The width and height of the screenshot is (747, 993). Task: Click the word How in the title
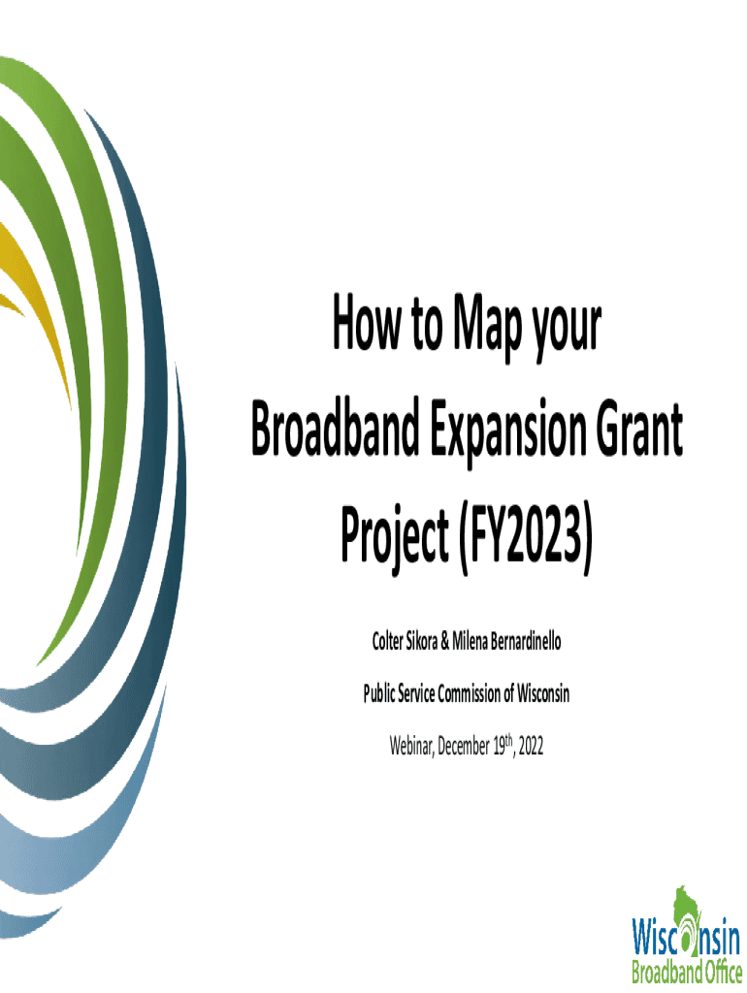[x=366, y=322]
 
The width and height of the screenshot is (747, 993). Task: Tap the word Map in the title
[x=487, y=327]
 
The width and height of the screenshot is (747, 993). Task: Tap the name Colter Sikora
[x=405, y=642]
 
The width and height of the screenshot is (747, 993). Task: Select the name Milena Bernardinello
[x=506, y=642]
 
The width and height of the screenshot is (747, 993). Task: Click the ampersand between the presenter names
[x=444, y=642]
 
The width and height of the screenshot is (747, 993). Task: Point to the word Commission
[x=469, y=694]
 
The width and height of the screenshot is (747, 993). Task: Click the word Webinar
[x=412, y=747]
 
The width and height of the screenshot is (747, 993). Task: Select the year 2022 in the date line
[x=531, y=747]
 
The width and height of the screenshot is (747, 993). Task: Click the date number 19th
[x=503, y=746]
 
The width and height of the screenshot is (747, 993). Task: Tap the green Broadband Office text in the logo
[x=687, y=971]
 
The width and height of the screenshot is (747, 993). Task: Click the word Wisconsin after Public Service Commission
[x=543, y=694]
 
